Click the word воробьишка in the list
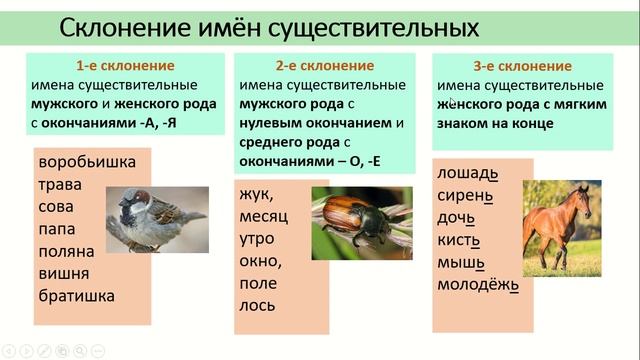tap(86, 162)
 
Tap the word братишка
tap(77, 295)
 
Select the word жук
tap(257, 194)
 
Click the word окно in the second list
tap(262, 261)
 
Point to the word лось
tap(258, 305)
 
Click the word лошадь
tap(467, 173)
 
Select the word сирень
tap(467, 195)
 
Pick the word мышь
tap(461, 263)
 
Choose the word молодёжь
tap(478, 285)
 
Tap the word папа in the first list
tap(61, 229)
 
